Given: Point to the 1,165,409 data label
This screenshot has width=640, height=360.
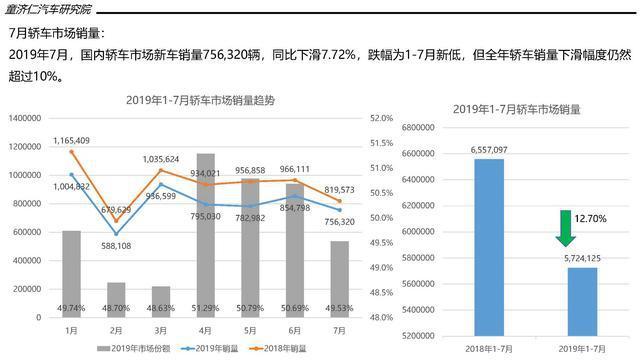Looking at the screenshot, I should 71,140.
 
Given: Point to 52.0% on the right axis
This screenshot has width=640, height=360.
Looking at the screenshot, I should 381,118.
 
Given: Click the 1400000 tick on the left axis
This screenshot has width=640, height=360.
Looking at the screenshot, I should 22,118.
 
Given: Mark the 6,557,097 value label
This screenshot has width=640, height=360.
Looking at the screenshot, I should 489,149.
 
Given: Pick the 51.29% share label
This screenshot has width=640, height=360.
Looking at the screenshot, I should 205,308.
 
